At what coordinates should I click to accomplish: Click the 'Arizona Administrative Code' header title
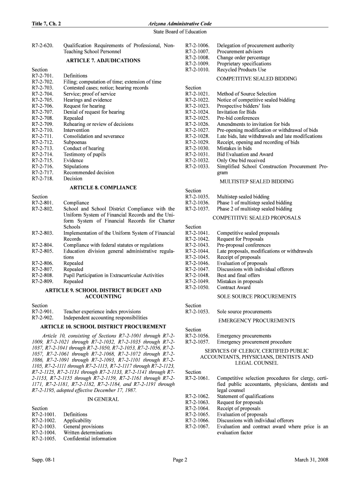click(x=180, y=23)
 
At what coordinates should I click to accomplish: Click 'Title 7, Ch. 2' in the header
click(x=46, y=23)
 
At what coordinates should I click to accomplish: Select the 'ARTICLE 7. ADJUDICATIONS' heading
click(x=103, y=61)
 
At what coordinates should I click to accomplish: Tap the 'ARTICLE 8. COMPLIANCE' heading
click(x=103, y=188)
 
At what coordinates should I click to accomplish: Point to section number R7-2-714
click(x=43, y=154)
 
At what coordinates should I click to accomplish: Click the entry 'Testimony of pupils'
click(x=85, y=154)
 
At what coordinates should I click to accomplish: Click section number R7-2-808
click(x=43, y=276)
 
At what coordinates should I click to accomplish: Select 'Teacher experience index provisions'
click(x=102, y=312)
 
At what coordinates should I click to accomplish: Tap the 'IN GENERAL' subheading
click(x=103, y=399)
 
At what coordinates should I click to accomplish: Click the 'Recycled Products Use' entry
click(x=241, y=70)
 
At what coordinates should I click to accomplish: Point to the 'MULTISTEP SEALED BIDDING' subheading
click(x=256, y=181)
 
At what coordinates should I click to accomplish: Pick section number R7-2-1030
click(x=197, y=148)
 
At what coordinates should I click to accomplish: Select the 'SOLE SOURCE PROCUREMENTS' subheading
click(x=256, y=297)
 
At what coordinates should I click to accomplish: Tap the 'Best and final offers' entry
click(x=238, y=276)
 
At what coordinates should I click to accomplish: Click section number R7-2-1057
click(x=197, y=342)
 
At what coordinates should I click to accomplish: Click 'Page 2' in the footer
click(x=180, y=460)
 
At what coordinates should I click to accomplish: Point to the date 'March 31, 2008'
click(x=311, y=460)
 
